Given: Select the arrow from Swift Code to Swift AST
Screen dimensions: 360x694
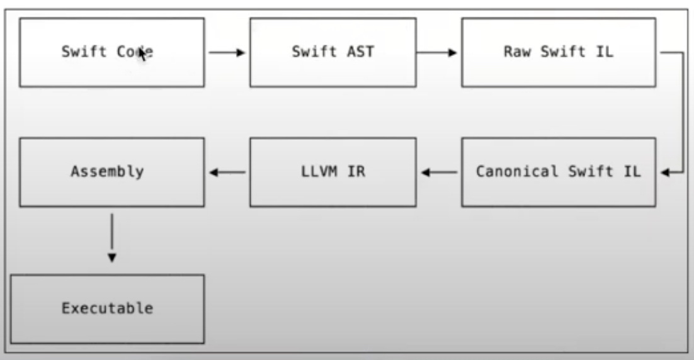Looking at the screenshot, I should [x=227, y=53].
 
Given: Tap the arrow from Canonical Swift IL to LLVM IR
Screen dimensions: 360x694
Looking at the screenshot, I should [x=439, y=172].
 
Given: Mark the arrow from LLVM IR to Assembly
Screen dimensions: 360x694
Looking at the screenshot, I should [x=227, y=172].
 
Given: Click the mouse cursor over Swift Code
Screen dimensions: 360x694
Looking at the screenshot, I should [x=143, y=53].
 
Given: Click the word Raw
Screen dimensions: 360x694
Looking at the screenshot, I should [x=516, y=52].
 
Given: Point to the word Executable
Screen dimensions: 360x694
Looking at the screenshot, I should [x=107, y=308].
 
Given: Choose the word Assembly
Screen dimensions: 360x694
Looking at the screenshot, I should [x=107, y=171].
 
